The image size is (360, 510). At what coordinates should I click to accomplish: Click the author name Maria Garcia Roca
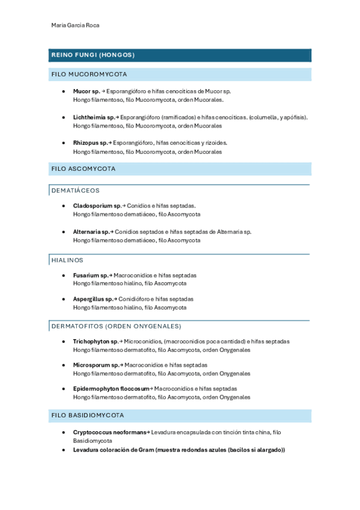76,25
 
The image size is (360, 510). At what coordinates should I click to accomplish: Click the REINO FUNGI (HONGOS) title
93,55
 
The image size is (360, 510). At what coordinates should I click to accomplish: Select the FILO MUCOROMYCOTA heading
89,75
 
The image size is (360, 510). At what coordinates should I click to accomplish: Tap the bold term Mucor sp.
87,91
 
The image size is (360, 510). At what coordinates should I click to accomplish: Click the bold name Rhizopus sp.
90,143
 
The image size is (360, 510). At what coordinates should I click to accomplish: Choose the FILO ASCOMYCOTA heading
83,169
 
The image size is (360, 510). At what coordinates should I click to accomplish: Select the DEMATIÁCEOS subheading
76,190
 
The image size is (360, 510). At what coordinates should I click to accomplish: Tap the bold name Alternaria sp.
91,232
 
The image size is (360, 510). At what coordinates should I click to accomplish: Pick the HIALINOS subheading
67,260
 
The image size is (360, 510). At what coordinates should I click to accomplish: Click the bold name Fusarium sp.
90,275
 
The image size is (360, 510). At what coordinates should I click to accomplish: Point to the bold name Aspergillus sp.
93,299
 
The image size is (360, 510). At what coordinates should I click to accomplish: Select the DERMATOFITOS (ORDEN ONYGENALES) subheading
116,326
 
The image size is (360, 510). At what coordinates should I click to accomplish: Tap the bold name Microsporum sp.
96,364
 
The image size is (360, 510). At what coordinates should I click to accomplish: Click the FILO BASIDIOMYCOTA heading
88,416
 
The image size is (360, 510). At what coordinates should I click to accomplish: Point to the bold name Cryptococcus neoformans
110,432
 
